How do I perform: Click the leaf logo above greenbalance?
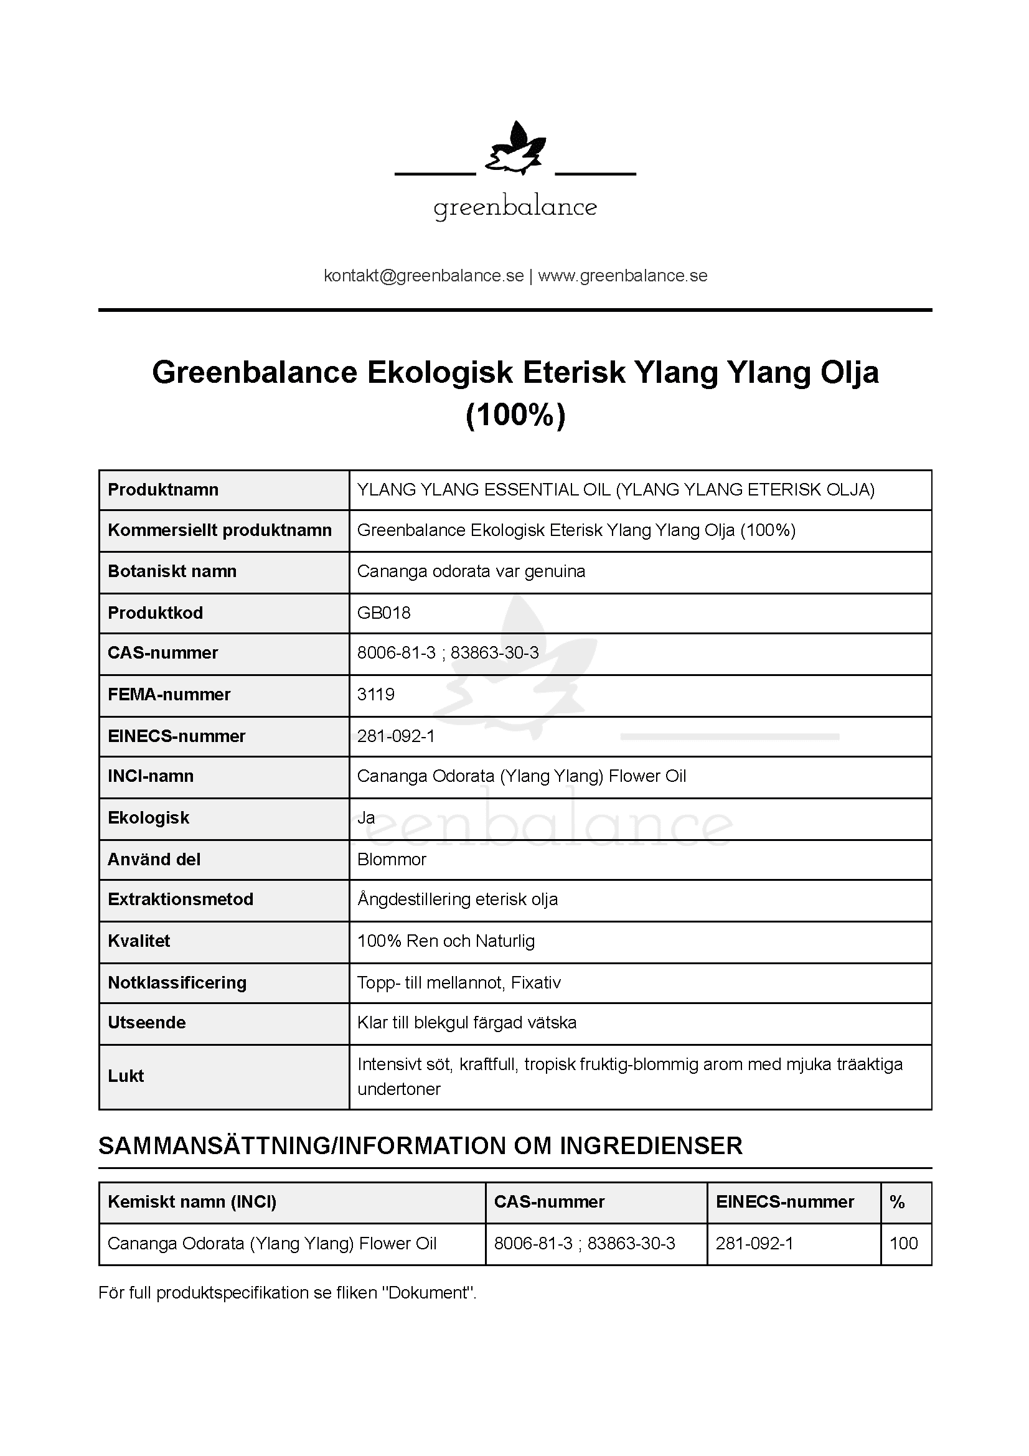(x=515, y=149)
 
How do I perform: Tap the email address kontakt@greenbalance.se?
(x=423, y=276)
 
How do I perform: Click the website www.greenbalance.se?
(x=623, y=276)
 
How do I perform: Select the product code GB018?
(x=383, y=613)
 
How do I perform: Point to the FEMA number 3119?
(x=376, y=695)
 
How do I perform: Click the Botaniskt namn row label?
(x=172, y=571)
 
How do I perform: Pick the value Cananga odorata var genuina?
(x=471, y=571)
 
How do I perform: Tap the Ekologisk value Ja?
(x=366, y=818)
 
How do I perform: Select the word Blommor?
(x=392, y=860)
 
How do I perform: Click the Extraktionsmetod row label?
(x=181, y=899)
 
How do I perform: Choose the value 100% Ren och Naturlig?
(x=446, y=941)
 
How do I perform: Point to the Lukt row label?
(x=126, y=1076)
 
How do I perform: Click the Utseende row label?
(x=146, y=1022)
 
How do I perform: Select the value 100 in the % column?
(x=903, y=1244)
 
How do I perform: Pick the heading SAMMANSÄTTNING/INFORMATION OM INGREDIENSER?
(x=420, y=1146)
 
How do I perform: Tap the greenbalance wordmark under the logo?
(x=515, y=207)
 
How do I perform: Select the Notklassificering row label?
(x=177, y=983)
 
